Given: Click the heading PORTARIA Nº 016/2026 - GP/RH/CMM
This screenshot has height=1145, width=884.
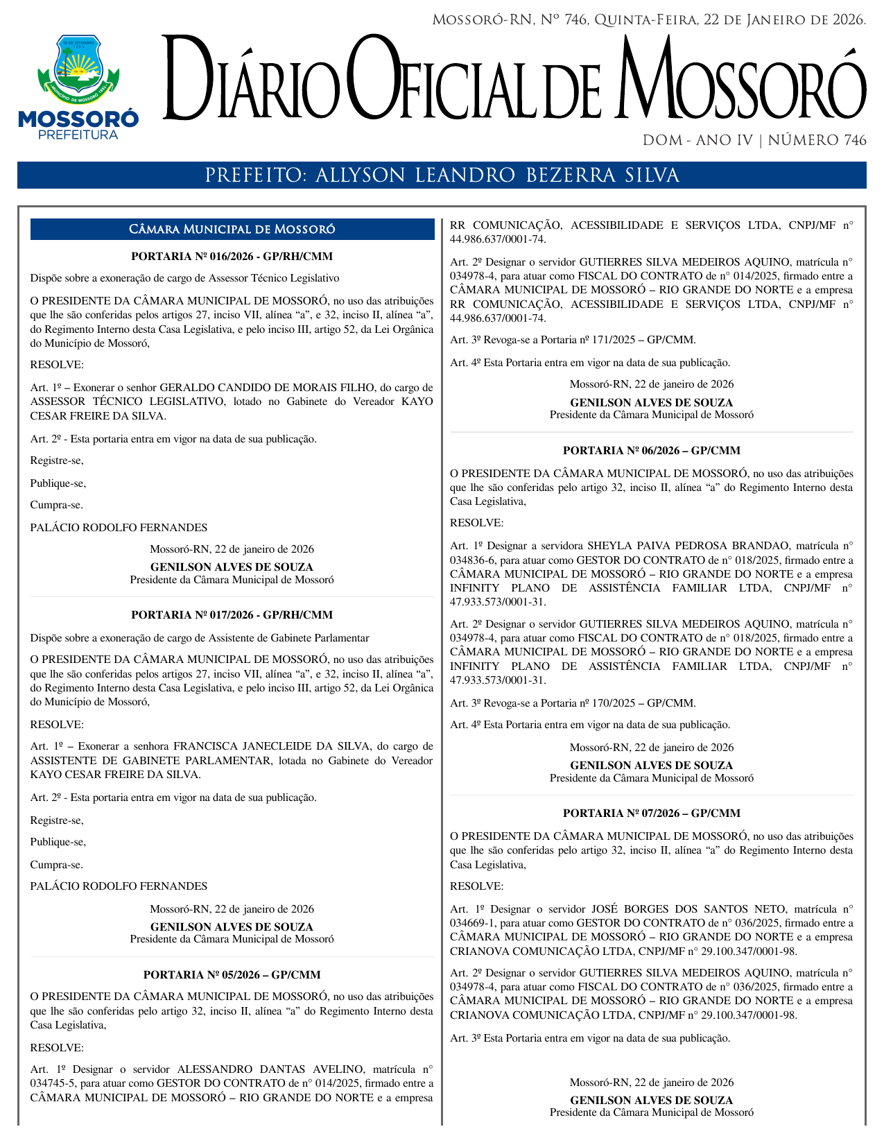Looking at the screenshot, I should (232, 257).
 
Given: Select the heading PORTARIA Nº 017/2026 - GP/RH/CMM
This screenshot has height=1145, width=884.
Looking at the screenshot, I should (232, 615).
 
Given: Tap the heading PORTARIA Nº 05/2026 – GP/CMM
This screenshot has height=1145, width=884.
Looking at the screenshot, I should (232, 974).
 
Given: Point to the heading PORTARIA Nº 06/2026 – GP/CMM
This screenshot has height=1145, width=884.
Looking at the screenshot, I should (651, 451).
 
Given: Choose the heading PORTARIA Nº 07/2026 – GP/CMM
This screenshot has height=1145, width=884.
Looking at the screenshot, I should (651, 813).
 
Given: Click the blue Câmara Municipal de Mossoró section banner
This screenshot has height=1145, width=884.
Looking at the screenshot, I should (232, 230).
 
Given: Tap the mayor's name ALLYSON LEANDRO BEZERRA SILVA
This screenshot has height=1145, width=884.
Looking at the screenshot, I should (497, 175).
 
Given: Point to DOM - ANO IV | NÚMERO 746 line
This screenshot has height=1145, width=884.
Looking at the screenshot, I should (754, 141).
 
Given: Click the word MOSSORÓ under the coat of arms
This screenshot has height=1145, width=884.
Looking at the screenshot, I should (78, 119).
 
